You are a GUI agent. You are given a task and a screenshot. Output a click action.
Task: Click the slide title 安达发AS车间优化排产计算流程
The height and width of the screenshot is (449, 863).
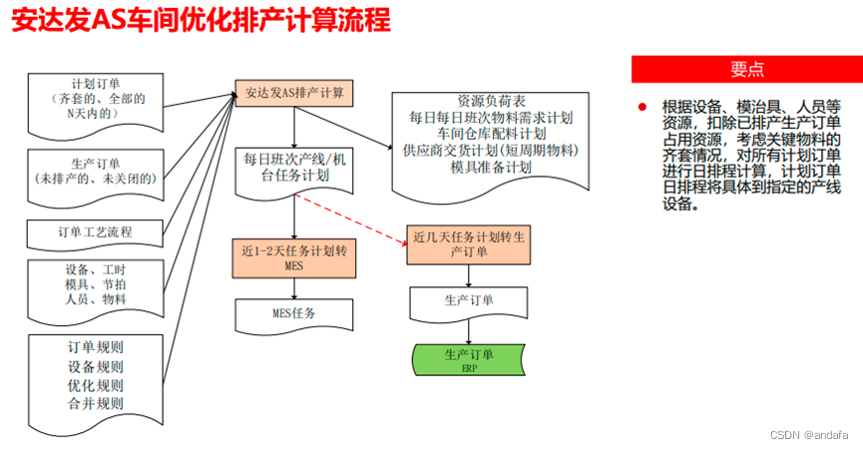201,21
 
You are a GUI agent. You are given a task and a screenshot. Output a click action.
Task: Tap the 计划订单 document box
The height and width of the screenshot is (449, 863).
97,100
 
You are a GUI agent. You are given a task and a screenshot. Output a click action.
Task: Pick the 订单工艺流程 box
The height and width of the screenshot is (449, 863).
95,233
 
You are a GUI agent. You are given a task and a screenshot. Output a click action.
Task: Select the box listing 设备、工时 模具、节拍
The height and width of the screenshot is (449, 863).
95,284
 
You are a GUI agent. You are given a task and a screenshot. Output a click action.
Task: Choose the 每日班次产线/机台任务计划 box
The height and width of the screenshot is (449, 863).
294,167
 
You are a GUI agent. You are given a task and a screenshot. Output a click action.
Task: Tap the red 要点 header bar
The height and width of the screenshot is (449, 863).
746,69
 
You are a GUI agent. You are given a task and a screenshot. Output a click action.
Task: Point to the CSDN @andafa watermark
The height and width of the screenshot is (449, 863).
810,436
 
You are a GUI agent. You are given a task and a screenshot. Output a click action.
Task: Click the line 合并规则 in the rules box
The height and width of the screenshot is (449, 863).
96,404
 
